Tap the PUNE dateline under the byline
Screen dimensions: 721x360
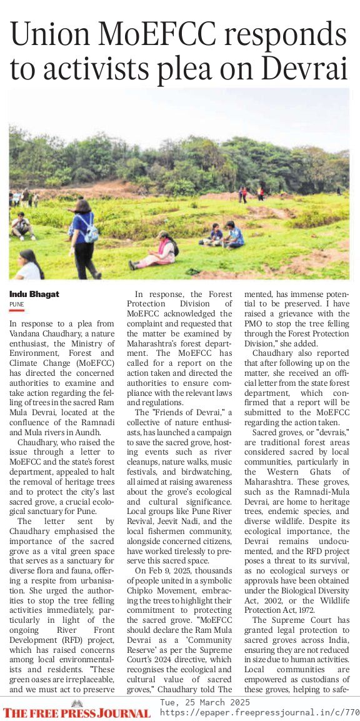click(x=16, y=304)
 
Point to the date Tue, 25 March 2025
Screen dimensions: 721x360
click(x=206, y=703)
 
